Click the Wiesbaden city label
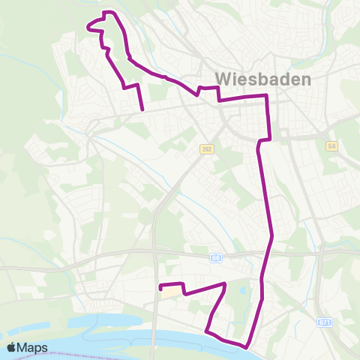point(263,78)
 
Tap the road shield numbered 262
point(206,149)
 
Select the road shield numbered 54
point(332,145)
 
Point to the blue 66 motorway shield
point(216,257)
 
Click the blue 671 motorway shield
point(324,322)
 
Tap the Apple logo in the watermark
point(13,347)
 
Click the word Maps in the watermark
point(34,347)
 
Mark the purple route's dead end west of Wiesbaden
point(142,110)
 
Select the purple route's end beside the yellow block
point(160,286)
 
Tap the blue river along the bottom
point(90,330)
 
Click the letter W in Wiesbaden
point(223,78)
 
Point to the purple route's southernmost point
point(246,346)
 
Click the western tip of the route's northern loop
point(88,28)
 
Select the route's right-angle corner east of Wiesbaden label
point(266,96)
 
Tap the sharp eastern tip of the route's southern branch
point(225,283)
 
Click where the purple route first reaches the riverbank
point(206,328)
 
